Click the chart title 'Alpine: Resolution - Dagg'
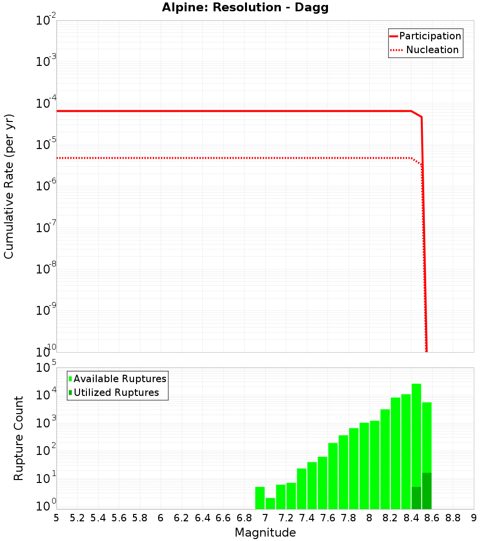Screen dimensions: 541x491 point(245,8)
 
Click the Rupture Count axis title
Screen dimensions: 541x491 point(19,438)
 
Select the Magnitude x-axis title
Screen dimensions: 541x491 point(265,533)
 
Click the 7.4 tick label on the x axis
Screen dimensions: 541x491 point(307,518)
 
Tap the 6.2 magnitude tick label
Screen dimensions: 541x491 point(182,518)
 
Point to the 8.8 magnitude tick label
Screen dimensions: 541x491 point(453,518)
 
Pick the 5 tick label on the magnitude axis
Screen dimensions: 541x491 point(56,518)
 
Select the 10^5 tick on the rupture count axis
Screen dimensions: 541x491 point(47,367)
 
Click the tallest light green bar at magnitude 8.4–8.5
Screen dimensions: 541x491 point(416,433)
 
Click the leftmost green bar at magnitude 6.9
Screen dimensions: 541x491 point(260,498)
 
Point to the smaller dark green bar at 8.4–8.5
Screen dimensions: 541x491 point(416,498)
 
